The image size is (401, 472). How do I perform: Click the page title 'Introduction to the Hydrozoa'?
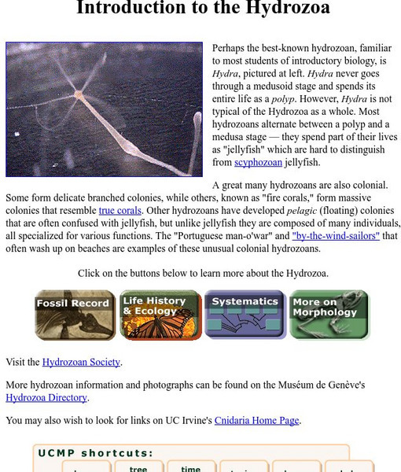click(x=203, y=9)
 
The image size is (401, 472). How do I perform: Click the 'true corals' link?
click(x=121, y=211)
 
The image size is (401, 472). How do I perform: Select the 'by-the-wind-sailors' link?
click(x=336, y=235)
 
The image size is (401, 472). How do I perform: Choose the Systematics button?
click(x=245, y=315)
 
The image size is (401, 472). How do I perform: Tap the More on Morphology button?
click(x=329, y=315)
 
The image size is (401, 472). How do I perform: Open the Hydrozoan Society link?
click(x=81, y=362)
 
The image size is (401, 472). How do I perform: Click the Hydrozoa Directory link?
click(x=46, y=397)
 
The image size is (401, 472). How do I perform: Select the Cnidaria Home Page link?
click(x=257, y=420)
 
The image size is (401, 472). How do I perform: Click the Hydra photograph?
click(x=104, y=109)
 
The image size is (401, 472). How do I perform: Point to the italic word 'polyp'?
click(x=282, y=99)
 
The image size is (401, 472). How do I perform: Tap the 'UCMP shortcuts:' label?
click(x=94, y=453)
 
